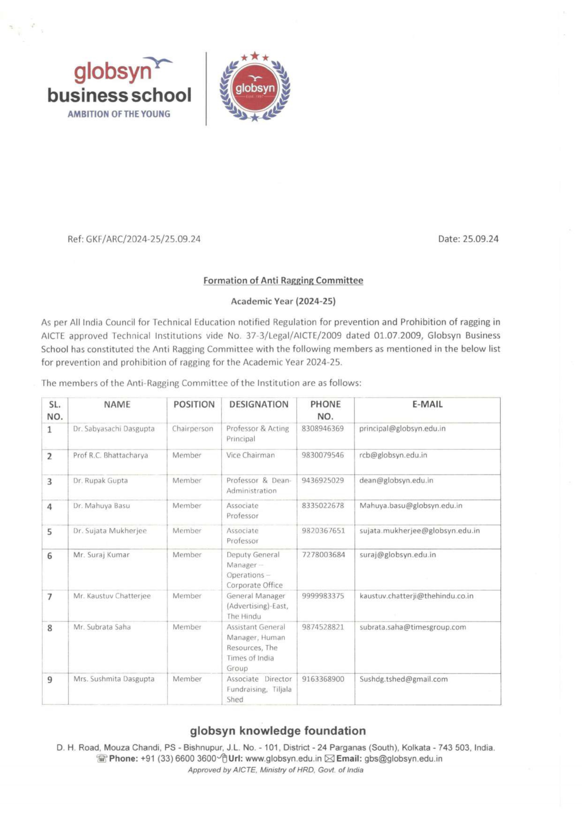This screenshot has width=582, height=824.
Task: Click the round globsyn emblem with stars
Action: [x=255, y=87]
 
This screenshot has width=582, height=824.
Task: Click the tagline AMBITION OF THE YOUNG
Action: [x=119, y=114]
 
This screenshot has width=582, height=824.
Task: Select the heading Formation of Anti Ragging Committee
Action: [x=283, y=280]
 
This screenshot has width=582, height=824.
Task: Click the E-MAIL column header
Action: [x=427, y=404]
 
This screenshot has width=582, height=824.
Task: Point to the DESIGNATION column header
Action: [x=259, y=404]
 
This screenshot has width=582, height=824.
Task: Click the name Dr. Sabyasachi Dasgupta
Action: [x=114, y=429]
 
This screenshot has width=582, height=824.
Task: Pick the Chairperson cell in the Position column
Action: [x=192, y=429]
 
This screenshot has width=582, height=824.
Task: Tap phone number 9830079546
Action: [x=323, y=455]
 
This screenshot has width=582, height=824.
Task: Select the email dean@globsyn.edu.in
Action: [x=396, y=480]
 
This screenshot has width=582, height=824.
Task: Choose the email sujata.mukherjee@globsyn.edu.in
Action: [x=420, y=531]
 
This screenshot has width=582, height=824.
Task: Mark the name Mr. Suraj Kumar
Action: [x=101, y=554]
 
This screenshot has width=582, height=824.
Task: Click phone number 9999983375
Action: [x=323, y=596]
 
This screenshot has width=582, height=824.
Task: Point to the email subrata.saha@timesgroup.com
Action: [x=413, y=627]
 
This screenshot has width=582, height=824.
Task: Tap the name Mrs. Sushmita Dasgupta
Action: [x=114, y=679]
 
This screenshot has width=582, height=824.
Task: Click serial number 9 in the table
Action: [x=50, y=679]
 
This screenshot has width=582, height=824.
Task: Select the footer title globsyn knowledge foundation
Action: [x=278, y=731]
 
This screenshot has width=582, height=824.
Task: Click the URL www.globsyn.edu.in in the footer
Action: [x=283, y=759]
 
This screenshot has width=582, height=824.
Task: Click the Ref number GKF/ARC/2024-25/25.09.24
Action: [x=134, y=239]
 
